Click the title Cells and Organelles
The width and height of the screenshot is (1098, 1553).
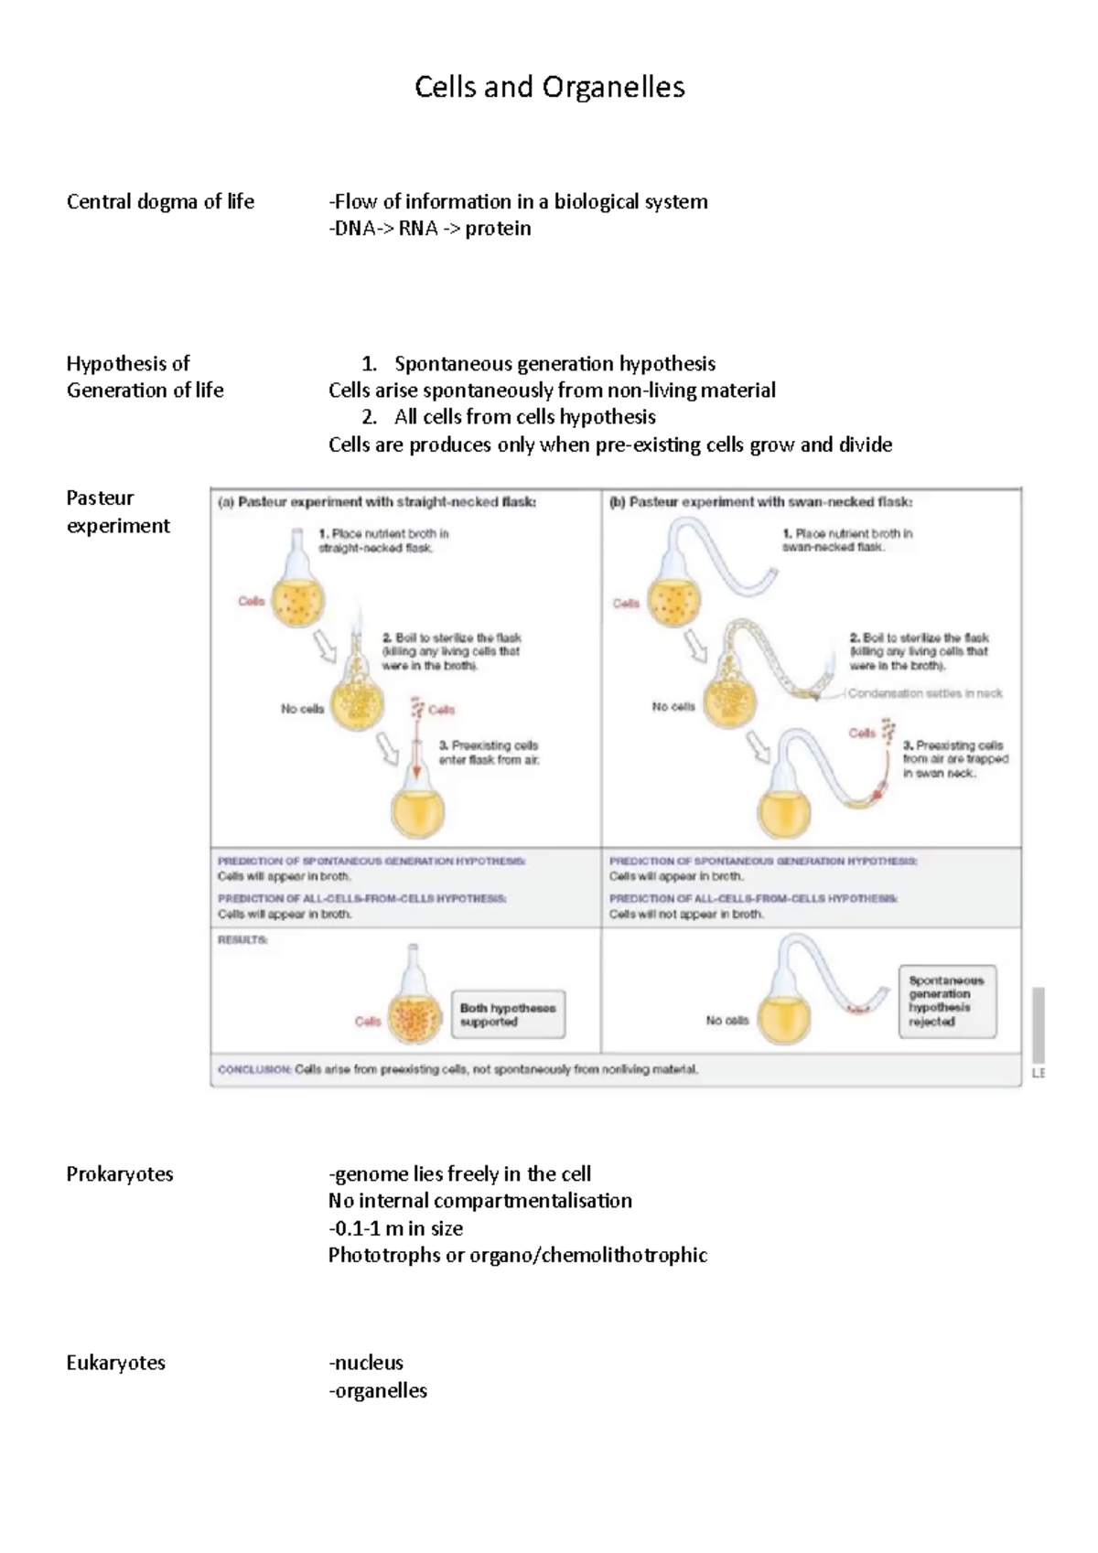(549, 87)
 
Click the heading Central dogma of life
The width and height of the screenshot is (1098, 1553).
(160, 201)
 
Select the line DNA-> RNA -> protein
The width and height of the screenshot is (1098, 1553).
(429, 229)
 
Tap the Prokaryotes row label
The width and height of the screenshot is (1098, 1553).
(119, 1173)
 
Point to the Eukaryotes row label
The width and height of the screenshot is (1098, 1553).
(115, 1363)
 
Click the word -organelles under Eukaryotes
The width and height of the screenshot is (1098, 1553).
(377, 1390)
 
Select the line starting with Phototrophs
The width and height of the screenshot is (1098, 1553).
(517, 1255)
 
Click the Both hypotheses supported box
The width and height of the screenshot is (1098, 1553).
(508, 1014)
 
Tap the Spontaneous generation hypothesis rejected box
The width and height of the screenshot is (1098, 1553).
(946, 1001)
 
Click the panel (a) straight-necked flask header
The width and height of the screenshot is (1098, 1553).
(377, 502)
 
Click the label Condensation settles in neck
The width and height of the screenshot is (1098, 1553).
(924, 693)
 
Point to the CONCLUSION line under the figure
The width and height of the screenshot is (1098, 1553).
(457, 1068)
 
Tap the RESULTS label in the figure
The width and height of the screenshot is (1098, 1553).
(242, 939)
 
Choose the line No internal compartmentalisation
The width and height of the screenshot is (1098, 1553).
(479, 1201)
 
